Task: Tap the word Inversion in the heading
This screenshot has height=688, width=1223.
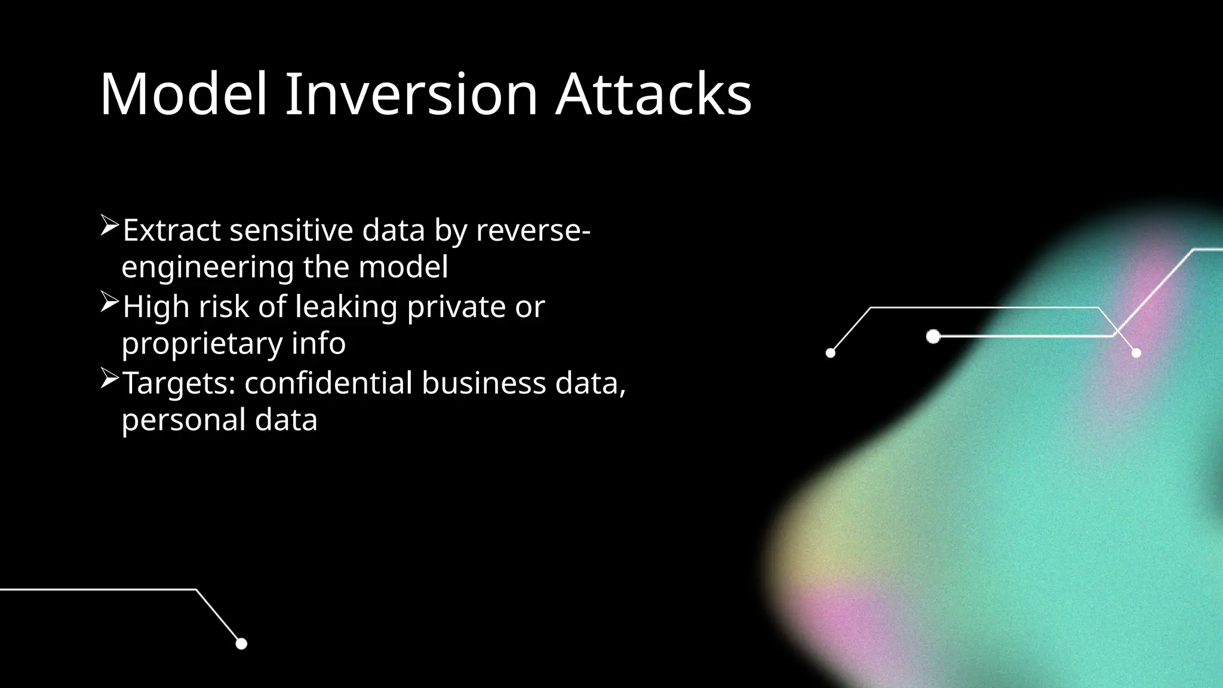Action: [x=411, y=94]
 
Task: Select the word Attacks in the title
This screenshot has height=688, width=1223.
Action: [x=653, y=94]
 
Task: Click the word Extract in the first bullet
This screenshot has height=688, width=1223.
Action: [x=171, y=231]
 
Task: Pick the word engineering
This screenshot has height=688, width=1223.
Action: [x=207, y=267]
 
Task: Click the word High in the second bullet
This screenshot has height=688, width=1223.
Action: [x=156, y=307]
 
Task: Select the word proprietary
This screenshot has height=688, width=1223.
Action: [x=201, y=344]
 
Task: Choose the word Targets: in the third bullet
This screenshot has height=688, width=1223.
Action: [x=179, y=383]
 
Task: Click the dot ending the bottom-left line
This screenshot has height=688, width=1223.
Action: [x=241, y=644]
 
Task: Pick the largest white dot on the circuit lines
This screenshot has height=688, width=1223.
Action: [x=933, y=337]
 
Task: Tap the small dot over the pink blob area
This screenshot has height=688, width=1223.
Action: [x=1136, y=353]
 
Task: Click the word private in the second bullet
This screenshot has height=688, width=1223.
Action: [x=456, y=307]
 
